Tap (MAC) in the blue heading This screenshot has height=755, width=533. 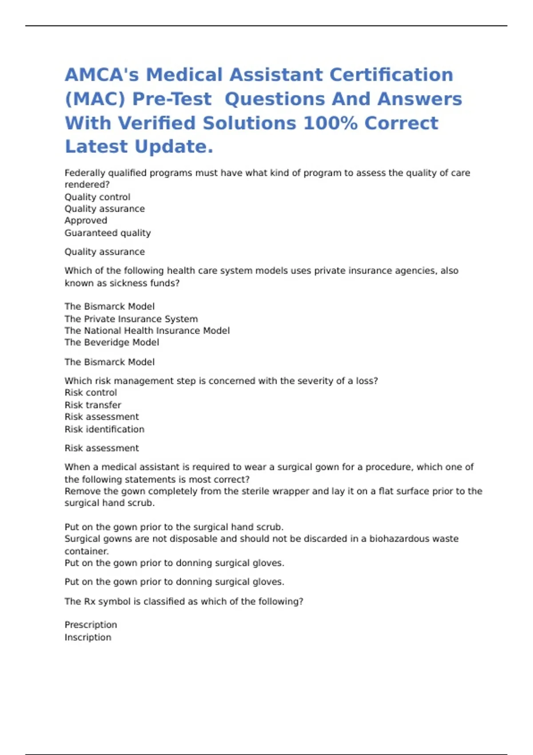95,99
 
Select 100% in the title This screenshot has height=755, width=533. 330,123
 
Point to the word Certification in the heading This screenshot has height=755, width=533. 391,75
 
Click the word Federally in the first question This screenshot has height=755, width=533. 85,173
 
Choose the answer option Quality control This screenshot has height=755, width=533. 97,197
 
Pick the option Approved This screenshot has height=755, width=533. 86,221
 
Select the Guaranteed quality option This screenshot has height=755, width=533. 107,233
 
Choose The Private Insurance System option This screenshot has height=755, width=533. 131,319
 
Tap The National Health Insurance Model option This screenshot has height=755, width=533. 147,330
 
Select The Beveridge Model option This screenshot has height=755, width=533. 111,342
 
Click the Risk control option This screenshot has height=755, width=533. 91,393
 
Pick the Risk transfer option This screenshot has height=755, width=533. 93,405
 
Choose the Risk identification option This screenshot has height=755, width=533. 104,429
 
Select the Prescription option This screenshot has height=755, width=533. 91,625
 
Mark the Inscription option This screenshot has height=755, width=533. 88,637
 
